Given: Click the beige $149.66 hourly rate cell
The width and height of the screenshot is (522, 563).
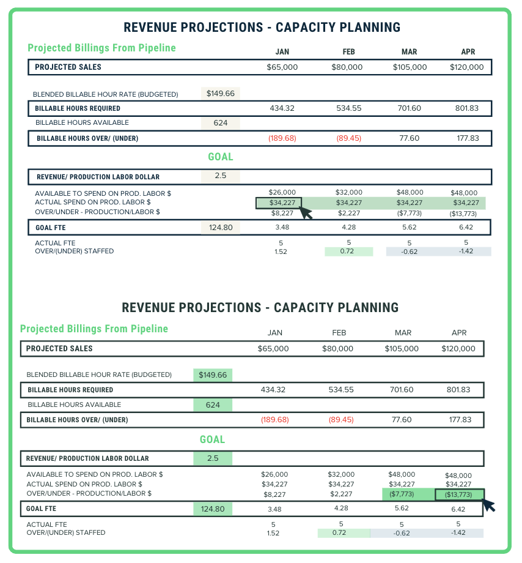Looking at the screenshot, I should click(x=221, y=94).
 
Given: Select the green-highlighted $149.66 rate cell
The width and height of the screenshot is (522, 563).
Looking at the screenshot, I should click(x=213, y=375).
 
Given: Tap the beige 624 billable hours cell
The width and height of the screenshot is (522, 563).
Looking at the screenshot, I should click(x=221, y=123).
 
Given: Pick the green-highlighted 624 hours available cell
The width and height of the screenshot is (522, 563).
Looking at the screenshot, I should click(x=213, y=405).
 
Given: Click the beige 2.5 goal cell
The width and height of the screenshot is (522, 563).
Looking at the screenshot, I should click(x=221, y=176).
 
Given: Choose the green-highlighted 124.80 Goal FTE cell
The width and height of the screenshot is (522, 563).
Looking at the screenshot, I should click(x=213, y=508).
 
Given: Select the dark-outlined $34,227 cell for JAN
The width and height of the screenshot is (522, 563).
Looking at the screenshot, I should click(x=282, y=203).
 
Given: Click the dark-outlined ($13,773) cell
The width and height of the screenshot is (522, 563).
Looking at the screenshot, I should click(x=458, y=494).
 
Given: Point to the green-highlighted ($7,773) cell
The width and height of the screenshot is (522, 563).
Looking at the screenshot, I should click(x=403, y=494).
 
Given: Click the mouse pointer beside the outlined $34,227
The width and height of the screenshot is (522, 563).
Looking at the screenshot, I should click(x=306, y=214).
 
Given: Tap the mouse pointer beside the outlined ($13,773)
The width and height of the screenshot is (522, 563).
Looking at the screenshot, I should click(x=488, y=505).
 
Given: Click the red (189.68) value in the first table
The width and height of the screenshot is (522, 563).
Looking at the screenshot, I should click(x=282, y=138).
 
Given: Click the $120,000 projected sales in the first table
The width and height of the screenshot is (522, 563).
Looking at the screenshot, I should click(x=467, y=67).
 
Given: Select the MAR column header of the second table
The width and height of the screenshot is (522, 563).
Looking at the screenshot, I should click(x=403, y=333).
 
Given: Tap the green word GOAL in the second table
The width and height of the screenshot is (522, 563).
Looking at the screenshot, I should click(x=213, y=439).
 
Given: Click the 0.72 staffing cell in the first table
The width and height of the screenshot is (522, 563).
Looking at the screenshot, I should click(x=348, y=252).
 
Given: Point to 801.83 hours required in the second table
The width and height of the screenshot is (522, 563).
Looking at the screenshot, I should click(x=458, y=390).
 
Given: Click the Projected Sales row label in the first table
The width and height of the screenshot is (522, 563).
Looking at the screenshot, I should click(x=68, y=67).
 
